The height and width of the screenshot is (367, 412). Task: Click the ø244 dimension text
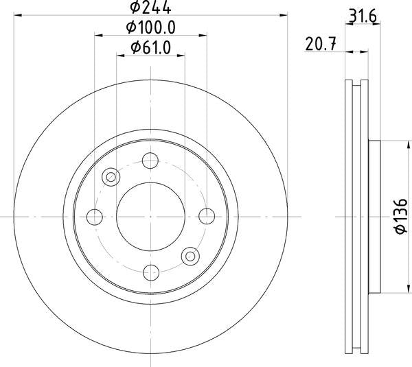150,8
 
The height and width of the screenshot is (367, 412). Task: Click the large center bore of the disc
150,215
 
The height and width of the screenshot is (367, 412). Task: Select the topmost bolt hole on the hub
150,162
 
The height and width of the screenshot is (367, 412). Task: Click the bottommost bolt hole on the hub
150,270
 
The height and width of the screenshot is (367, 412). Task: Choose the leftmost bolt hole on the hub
95,216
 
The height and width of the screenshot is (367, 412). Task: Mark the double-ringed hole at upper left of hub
110,177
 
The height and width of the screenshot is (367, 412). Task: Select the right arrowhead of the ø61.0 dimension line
181,56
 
